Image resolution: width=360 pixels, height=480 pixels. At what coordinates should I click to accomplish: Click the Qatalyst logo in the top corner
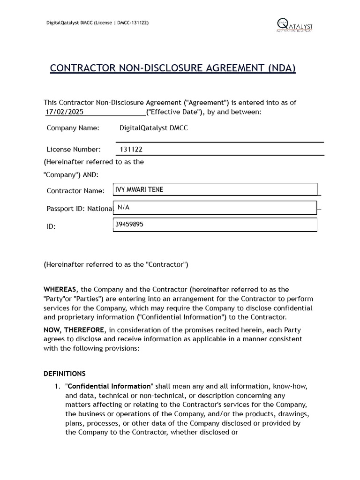[x=294, y=25]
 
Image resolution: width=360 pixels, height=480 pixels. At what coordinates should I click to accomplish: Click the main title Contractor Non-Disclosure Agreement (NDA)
[x=173, y=68]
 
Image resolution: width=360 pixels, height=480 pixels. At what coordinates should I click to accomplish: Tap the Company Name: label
[x=73, y=128]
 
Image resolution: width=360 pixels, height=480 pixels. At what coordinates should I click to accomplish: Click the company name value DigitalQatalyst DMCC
[x=154, y=128]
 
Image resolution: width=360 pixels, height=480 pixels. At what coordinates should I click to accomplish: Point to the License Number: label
[x=74, y=150]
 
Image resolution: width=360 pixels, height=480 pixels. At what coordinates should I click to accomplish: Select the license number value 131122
[x=131, y=150]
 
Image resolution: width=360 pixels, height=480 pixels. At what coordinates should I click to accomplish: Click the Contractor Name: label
[x=75, y=191]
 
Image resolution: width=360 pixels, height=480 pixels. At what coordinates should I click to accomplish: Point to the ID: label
[x=51, y=226]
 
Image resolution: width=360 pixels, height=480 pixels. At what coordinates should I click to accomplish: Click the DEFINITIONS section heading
[x=65, y=374]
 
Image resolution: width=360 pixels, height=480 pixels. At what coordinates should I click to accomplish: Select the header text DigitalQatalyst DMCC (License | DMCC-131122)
[x=97, y=22]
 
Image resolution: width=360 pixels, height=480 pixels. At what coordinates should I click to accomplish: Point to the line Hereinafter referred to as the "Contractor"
[x=116, y=264]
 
